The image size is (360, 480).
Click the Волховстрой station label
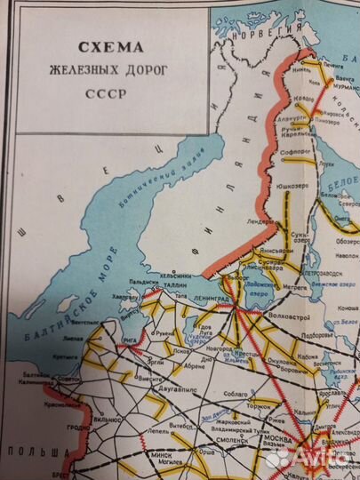290,312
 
